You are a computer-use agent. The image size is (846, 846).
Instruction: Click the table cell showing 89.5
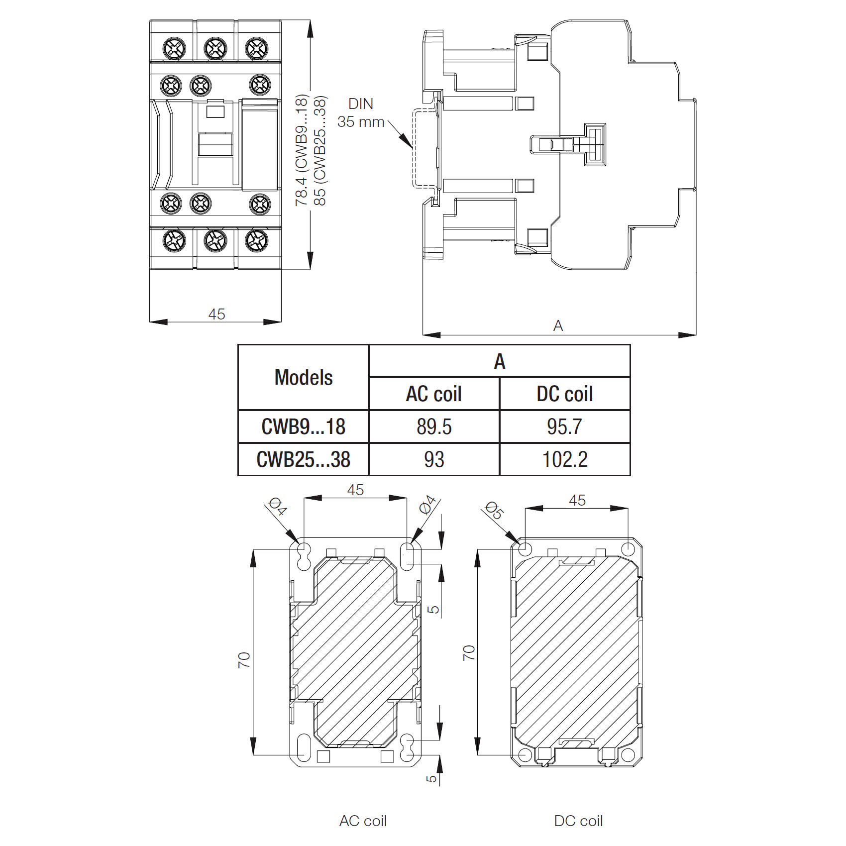tap(434, 426)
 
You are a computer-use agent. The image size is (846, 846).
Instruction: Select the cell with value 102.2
tap(565, 459)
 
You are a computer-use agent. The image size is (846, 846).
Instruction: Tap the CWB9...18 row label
tap(303, 426)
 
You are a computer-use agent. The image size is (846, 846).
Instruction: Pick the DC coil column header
tap(565, 394)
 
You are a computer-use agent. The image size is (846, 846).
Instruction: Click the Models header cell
tap(303, 377)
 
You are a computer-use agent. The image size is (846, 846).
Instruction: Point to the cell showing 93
tap(434, 459)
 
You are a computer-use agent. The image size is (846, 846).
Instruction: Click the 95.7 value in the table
tap(565, 426)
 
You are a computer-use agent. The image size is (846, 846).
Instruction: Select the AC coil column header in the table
tap(434, 394)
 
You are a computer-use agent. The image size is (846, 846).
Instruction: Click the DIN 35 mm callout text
tap(361, 113)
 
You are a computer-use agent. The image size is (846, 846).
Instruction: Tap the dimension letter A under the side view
tap(558, 326)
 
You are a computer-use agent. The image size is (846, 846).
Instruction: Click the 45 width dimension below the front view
tap(216, 314)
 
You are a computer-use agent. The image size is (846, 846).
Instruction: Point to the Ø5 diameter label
tap(494, 510)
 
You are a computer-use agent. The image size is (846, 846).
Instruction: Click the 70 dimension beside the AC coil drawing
tap(244, 660)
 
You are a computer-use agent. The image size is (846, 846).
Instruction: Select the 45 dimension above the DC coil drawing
tap(577, 500)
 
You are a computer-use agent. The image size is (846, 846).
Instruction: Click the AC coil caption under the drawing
tap(363, 821)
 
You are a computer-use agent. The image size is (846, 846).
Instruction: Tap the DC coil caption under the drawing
tap(578, 821)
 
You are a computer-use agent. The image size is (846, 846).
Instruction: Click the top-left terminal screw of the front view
tap(175, 49)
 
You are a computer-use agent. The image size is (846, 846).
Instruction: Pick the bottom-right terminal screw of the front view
tap(257, 241)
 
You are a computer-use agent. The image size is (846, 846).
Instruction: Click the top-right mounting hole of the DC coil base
tap(628, 549)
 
